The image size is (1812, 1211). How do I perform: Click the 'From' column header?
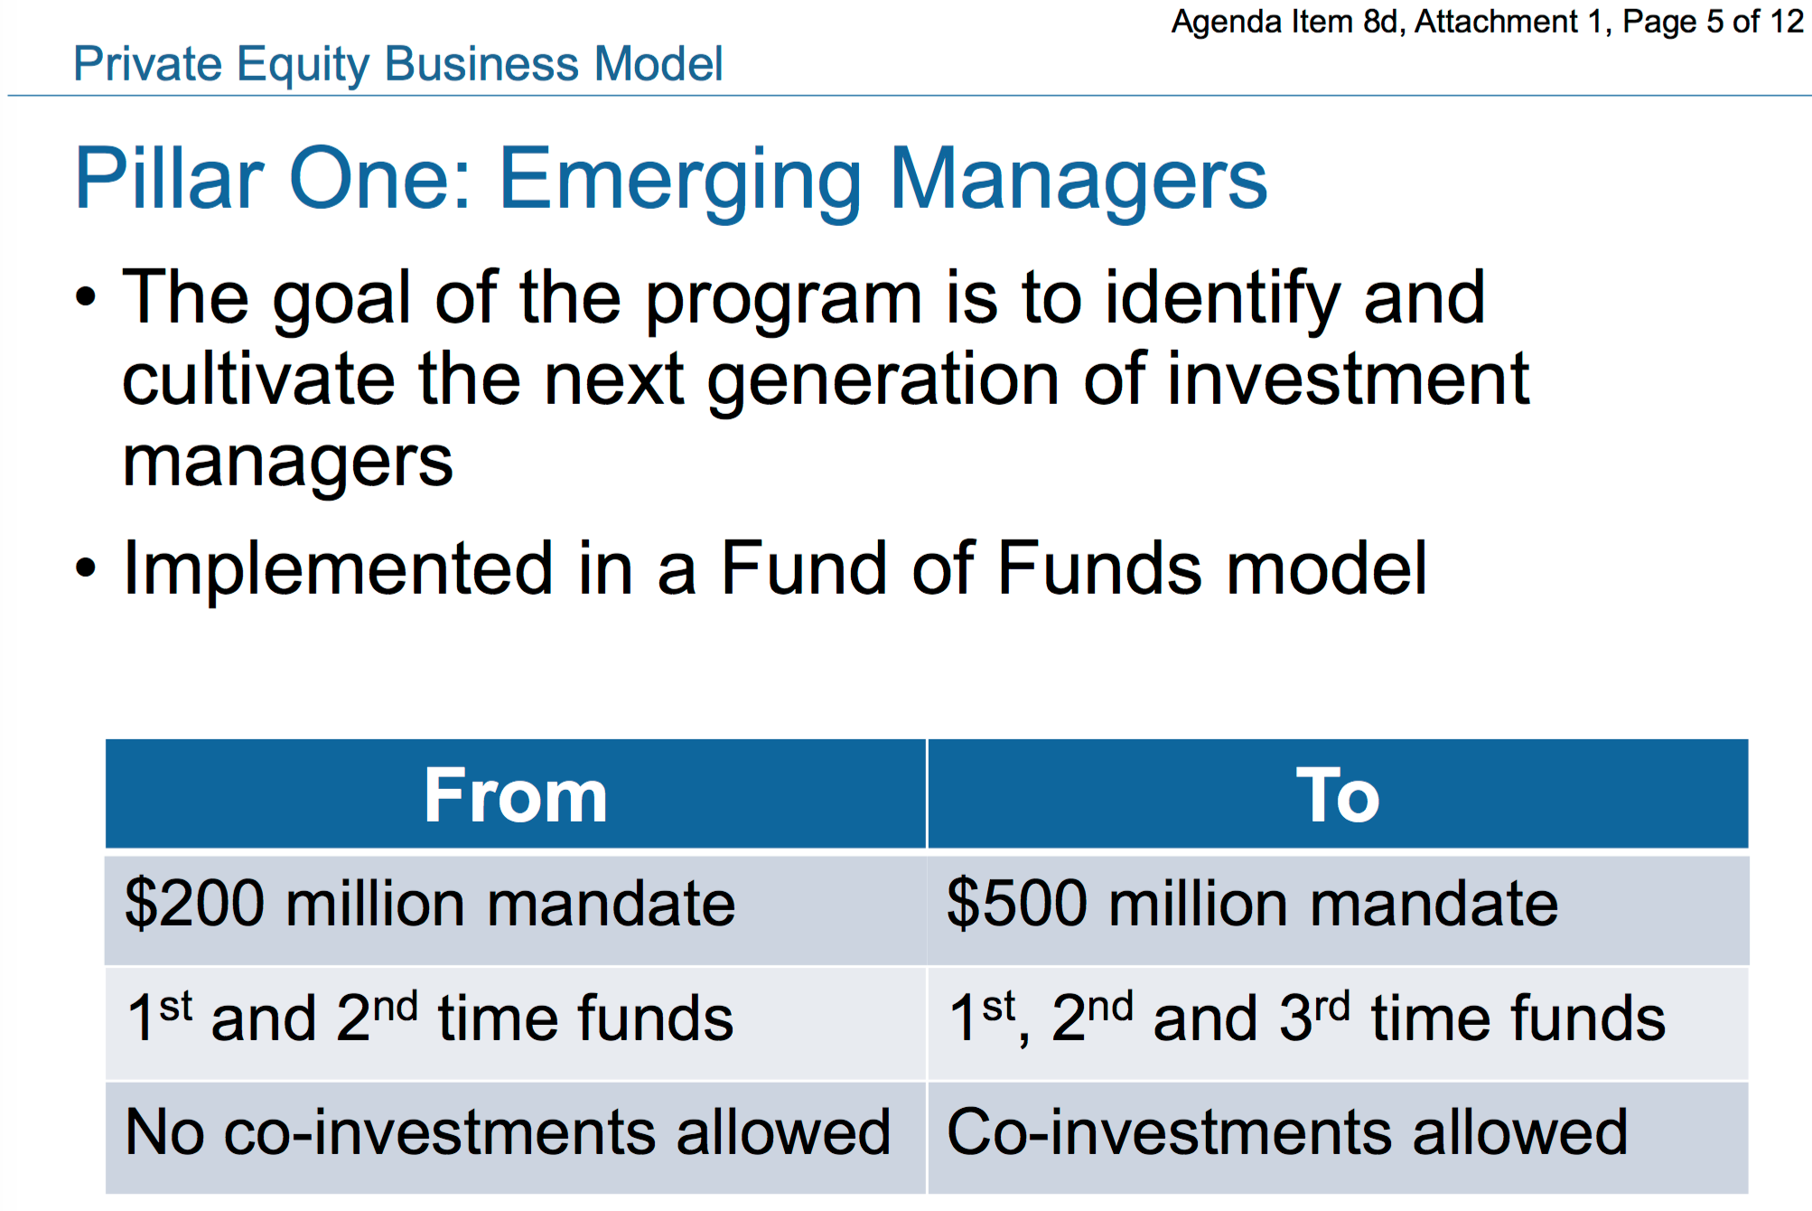pyautogui.click(x=516, y=794)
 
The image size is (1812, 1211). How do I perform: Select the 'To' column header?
pyautogui.click(x=1338, y=794)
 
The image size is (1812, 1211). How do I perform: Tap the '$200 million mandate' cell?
pyautogui.click(x=516, y=908)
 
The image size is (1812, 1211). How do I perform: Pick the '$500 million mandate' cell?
pyautogui.click(x=1338, y=908)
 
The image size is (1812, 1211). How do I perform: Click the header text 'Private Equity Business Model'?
pyautogui.click(x=398, y=65)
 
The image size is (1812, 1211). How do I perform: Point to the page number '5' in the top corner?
pyautogui.click(x=1715, y=21)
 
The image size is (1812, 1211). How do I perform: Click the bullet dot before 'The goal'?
pyautogui.click(x=86, y=297)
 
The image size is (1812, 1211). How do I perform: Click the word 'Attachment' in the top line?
pyautogui.click(x=1496, y=21)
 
